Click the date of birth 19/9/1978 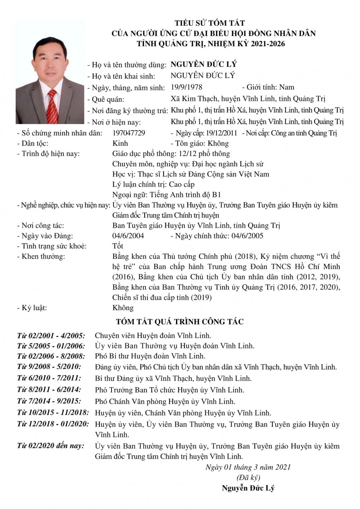click(x=187, y=87)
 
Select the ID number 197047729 click(x=129, y=133)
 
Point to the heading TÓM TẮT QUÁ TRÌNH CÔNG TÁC click(x=180, y=322)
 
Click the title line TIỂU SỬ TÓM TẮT click(x=209, y=23)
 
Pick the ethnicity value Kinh click(x=120, y=143)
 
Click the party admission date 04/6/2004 click(x=128, y=236)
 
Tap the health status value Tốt click(x=117, y=246)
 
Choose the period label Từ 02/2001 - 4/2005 click(x=51, y=336)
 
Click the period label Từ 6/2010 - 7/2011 click(x=49, y=378)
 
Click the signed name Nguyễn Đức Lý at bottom click(x=248, y=488)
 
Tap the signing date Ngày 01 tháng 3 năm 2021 click(x=248, y=467)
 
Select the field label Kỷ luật click(x=32, y=308)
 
